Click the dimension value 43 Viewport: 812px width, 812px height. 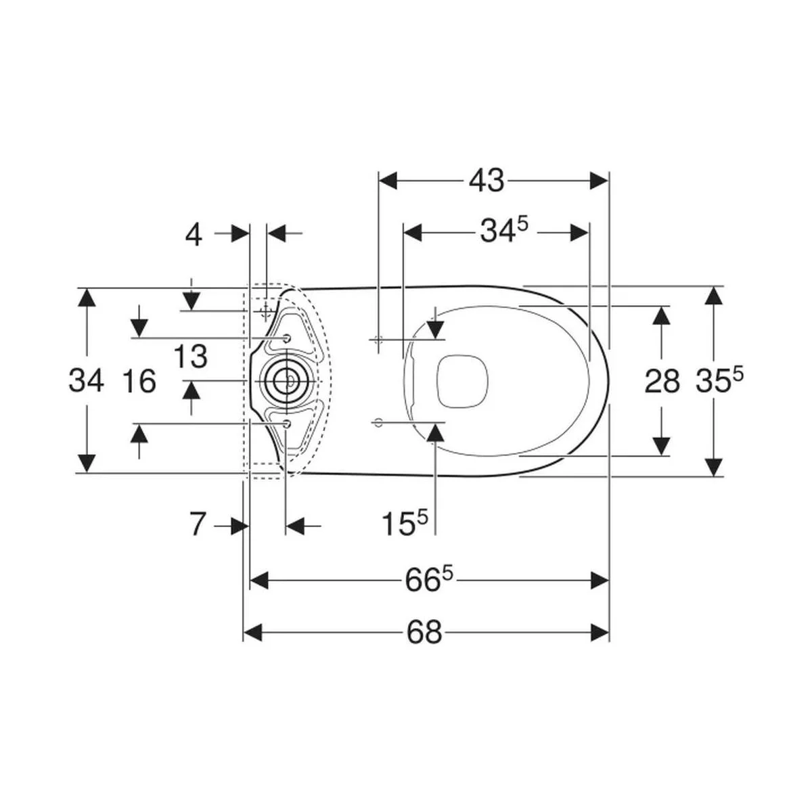coord(487,181)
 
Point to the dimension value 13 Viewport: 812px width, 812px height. coord(191,356)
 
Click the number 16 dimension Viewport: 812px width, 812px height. coord(139,381)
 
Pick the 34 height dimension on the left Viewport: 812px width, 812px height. coord(87,380)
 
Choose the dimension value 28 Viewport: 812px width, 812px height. coord(662,381)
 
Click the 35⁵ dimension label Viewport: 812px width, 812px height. coord(719,379)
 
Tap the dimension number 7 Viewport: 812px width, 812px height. coord(198,525)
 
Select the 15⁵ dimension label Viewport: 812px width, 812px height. coord(405,522)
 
